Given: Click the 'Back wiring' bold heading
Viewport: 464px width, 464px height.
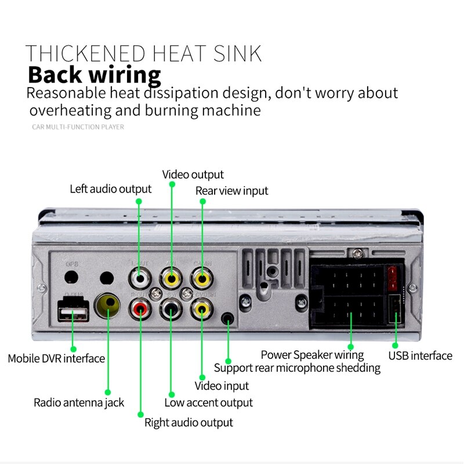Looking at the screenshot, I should [94, 76].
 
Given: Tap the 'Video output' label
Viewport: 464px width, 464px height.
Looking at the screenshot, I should [193, 175].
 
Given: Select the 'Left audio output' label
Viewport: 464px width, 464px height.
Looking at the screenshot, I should [110, 189].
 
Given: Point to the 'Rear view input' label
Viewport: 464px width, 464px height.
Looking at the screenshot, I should [231, 191].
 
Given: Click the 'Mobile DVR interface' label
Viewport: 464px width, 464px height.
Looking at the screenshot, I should [56, 358].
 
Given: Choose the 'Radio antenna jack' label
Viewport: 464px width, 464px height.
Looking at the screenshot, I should [78, 403].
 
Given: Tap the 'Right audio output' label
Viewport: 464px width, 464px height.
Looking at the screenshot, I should [188, 422].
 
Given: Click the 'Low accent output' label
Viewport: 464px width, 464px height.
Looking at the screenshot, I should [208, 403].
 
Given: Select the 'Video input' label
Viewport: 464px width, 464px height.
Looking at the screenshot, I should [222, 386].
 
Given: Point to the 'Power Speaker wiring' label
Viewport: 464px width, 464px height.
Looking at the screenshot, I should [312, 355].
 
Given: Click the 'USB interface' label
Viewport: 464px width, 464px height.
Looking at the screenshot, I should [420, 356].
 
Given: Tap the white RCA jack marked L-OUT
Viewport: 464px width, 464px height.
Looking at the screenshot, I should [140, 279].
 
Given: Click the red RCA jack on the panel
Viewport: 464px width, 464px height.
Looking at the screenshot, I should [140, 310].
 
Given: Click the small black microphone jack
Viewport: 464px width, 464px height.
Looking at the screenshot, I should [228, 318].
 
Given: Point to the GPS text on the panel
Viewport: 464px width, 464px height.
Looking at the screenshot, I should [71, 264].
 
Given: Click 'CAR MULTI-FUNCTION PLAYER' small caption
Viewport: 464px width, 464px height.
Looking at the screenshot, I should [78, 126].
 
